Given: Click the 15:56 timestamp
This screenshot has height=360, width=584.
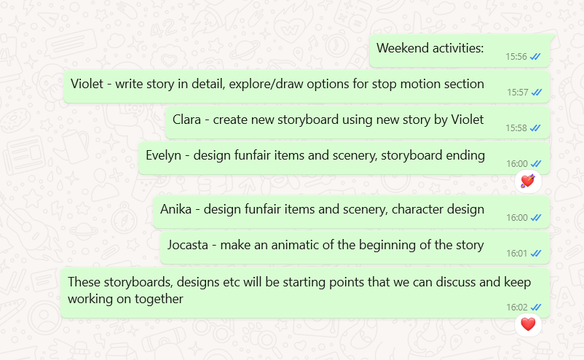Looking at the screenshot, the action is click(516, 57).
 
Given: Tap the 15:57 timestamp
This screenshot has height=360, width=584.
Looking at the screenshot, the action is click(517, 93).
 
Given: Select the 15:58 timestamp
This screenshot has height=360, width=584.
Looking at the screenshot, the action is click(516, 128).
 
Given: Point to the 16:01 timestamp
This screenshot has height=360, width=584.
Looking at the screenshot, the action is click(516, 254).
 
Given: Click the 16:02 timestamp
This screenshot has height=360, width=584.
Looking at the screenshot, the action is click(516, 307).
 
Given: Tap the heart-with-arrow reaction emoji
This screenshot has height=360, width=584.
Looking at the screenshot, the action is click(528, 181).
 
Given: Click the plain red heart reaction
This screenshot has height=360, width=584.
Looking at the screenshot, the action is click(528, 324).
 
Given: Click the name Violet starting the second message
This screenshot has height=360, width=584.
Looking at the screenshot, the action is click(87, 84).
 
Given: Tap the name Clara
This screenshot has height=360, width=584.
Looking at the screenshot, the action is click(186, 120).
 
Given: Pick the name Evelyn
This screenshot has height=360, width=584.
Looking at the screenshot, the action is click(163, 155).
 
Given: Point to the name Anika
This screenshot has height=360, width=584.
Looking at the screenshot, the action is click(175, 209).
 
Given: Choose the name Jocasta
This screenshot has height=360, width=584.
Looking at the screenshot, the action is click(188, 245).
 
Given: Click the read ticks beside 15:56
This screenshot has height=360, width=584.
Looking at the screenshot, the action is click(535, 57).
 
